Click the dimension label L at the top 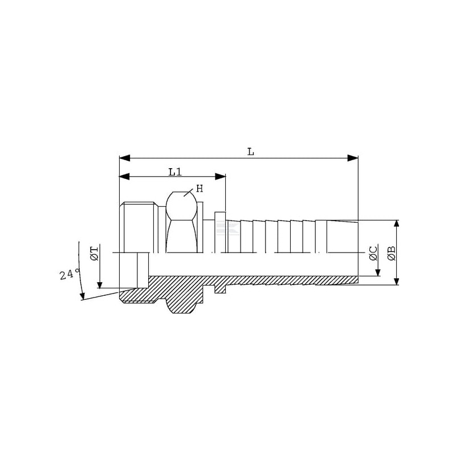[x=250, y=152]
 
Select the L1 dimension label [x=175, y=172]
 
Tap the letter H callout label [x=199, y=189]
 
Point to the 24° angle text [x=70, y=274]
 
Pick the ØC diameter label [x=373, y=253]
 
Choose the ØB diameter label [x=392, y=253]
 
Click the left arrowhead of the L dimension [x=124, y=158]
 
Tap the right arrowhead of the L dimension [x=353, y=158]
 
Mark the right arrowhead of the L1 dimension [x=221, y=176]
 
